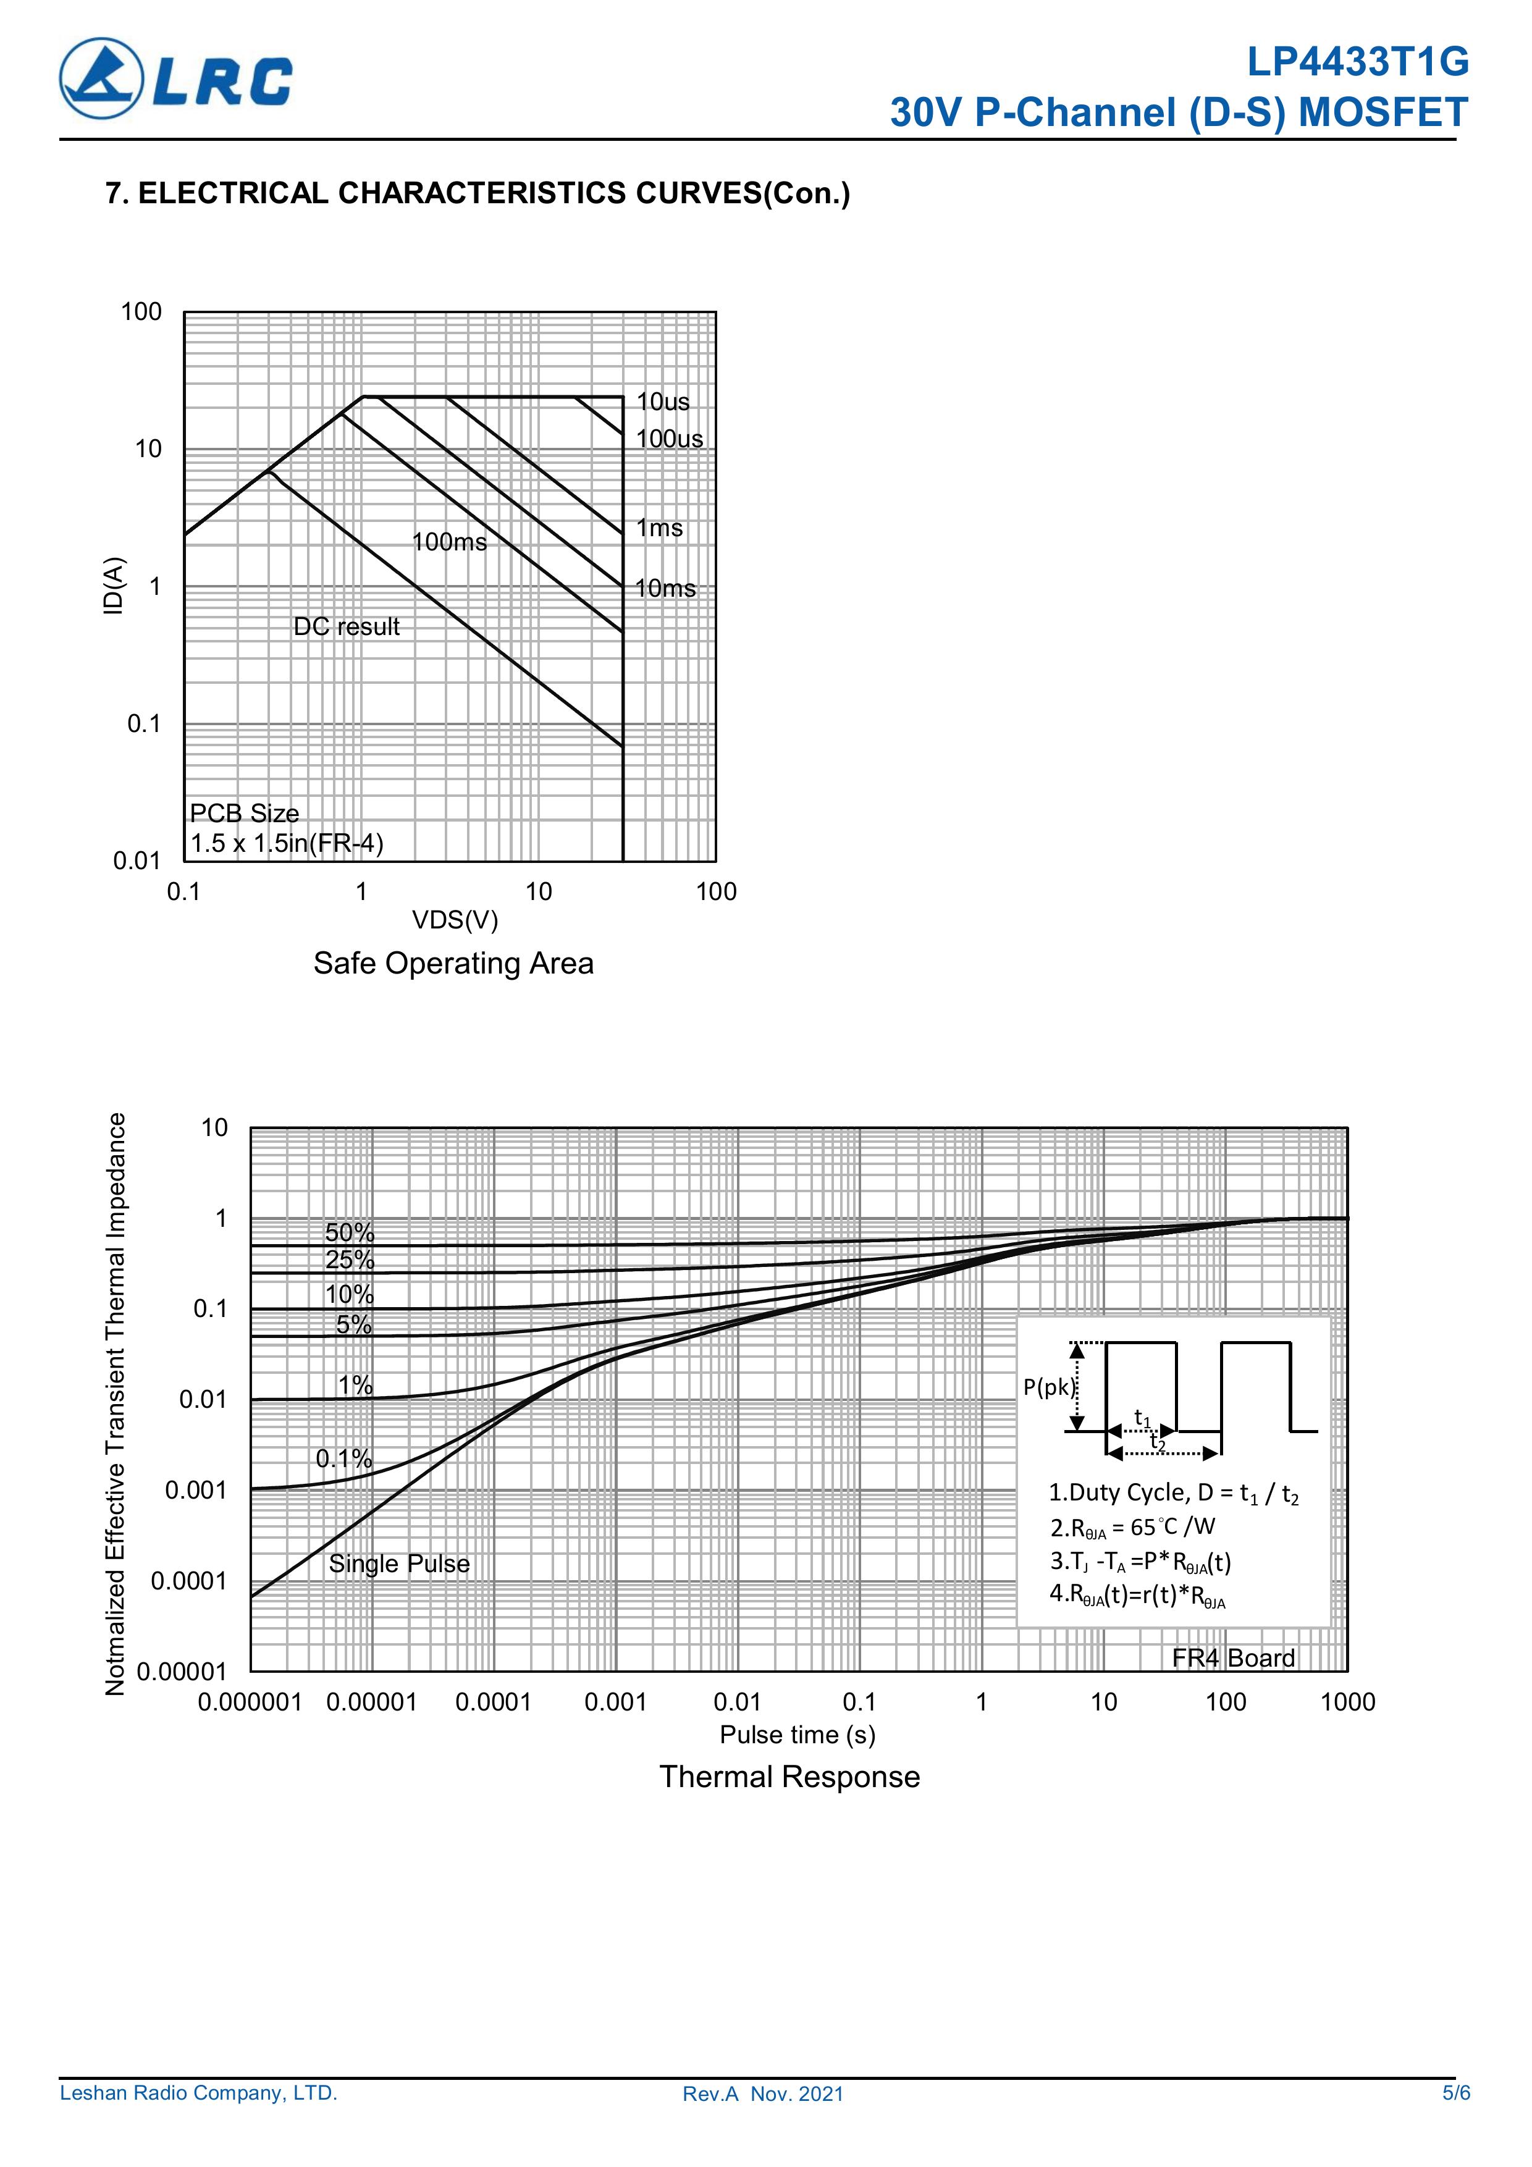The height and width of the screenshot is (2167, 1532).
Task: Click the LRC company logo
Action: click(175, 79)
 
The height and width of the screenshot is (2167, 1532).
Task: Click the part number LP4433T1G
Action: click(1357, 62)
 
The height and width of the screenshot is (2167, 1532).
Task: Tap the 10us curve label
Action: click(663, 402)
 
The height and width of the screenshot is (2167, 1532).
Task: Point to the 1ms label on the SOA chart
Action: click(659, 529)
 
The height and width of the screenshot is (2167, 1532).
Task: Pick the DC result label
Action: click(347, 627)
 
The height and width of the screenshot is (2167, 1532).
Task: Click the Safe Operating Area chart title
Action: click(453, 964)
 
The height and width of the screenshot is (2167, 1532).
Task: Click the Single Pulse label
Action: click(398, 1564)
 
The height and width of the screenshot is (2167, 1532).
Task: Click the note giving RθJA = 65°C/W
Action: click(1132, 1527)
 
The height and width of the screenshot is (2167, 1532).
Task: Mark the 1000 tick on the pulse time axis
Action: click(1347, 1702)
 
